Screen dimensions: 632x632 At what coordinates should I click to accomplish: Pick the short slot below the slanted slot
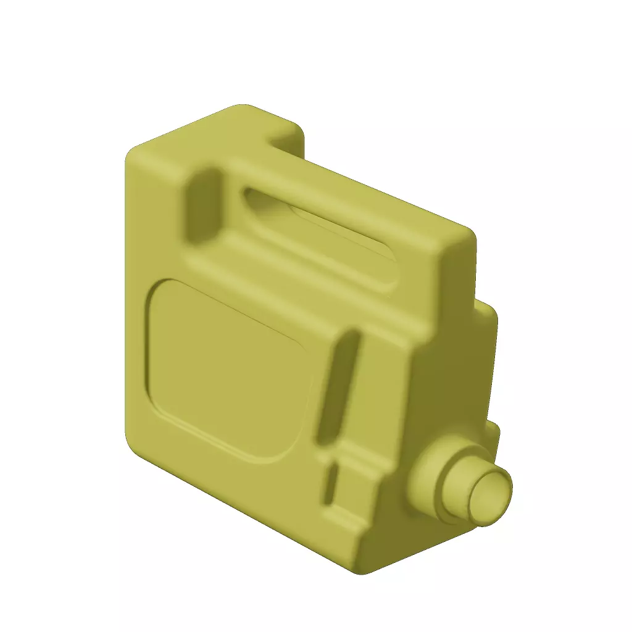(330, 484)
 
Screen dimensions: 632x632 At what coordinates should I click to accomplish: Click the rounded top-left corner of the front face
(133, 154)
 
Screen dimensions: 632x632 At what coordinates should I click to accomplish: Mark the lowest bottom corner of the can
(364, 571)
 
